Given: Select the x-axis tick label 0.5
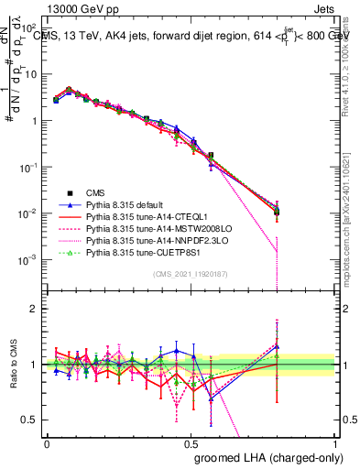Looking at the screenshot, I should pyautogui.click(x=191, y=442).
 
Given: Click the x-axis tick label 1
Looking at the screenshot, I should pyautogui.click(x=334, y=442).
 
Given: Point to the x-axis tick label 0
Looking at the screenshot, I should pyautogui.click(x=47, y=442).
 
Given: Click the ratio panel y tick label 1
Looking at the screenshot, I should pyautogui.click(x=36, y=365).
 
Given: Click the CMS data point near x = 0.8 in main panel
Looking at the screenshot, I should pyautogui.click(x=277, y=213).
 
